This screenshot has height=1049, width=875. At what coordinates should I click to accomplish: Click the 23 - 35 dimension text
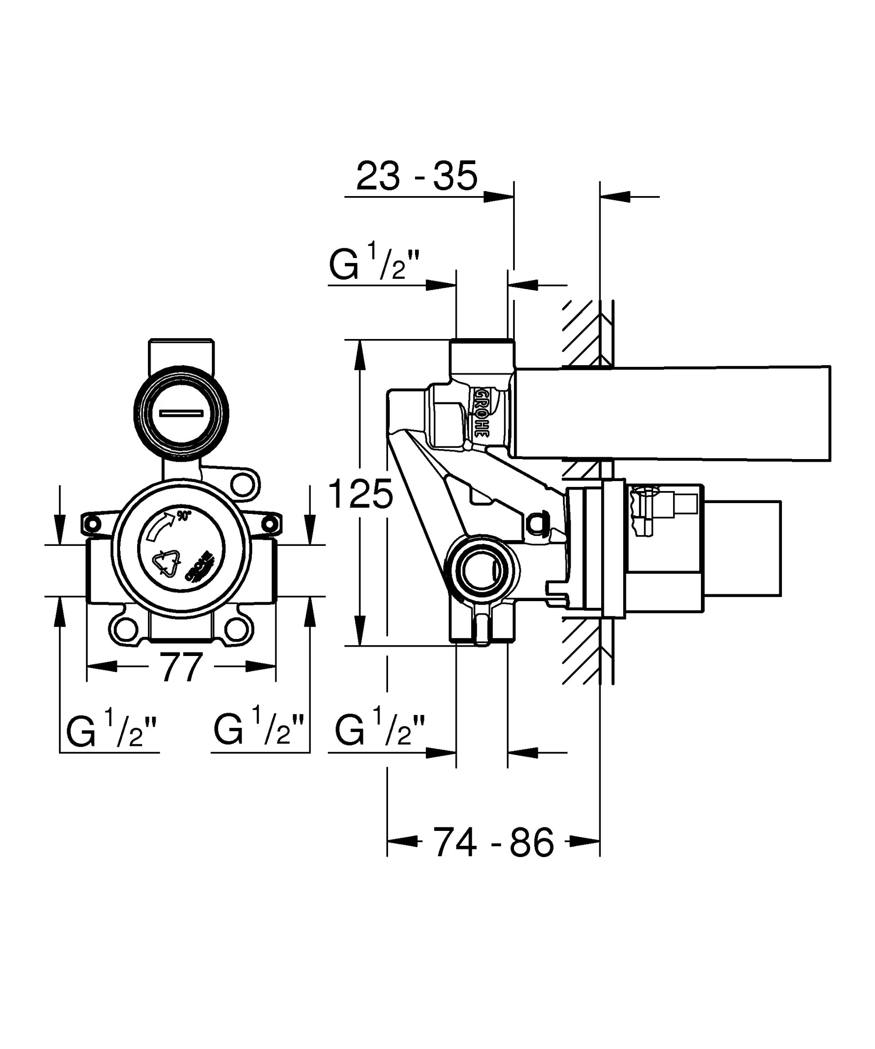coord(416,176)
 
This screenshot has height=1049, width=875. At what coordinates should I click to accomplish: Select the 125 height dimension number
coord(361,494)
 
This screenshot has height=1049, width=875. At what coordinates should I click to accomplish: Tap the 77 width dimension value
coord(181,667)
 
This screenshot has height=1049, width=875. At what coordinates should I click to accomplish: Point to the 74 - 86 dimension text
coord(493,842)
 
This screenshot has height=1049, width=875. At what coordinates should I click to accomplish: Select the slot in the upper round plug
coord(181,413)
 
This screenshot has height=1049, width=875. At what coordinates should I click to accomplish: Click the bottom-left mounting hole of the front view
coord(125,629)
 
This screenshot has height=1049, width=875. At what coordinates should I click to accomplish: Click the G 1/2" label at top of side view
coord(374,265)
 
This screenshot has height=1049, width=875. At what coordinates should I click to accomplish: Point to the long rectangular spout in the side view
coord(672,413)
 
